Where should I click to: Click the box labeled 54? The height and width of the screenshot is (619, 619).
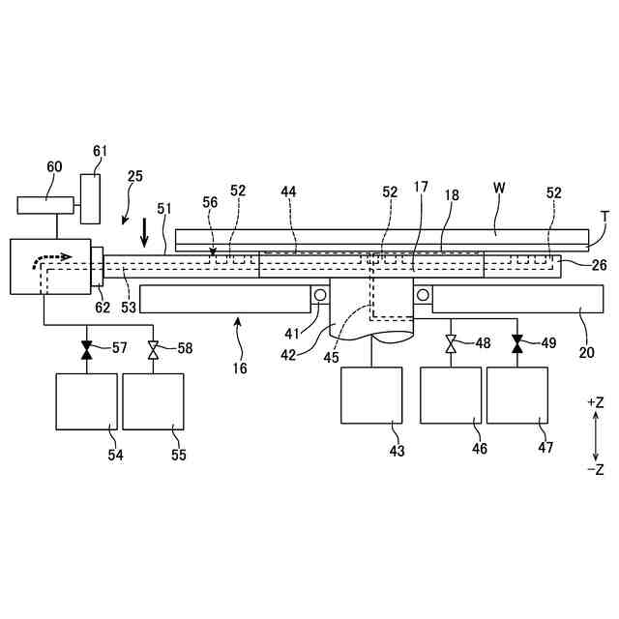(x=86, y=399)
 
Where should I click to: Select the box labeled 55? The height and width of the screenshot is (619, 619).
(x=153, y=399)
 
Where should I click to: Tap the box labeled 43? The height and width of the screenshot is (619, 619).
(x=371, y=395)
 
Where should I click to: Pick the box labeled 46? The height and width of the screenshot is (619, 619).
(x=451, y=395)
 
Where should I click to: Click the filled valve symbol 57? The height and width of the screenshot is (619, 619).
(x=86, y=347)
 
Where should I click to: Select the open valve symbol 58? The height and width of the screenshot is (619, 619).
(x=153, y=347)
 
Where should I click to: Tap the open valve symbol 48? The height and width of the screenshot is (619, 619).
(x=451, y=342)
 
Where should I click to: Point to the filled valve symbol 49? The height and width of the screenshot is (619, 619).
(x=517, y=342)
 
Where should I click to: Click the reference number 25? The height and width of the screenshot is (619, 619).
(x=135, y=176)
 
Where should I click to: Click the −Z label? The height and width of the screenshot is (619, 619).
(x=595, y=469)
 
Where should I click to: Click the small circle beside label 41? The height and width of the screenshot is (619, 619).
(x=319, y=294)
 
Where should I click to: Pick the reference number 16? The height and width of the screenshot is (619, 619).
(x=240, y=368)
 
